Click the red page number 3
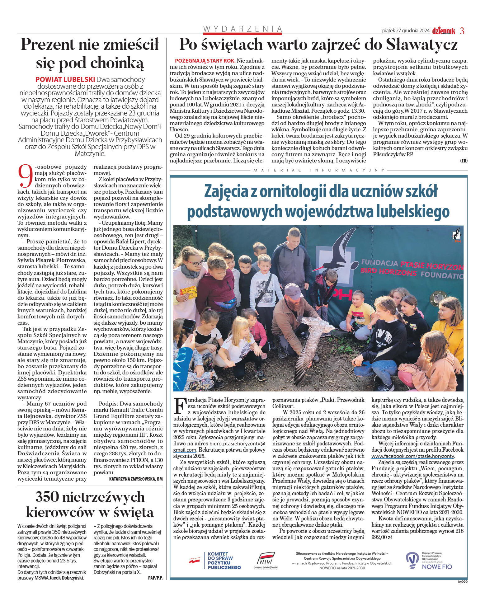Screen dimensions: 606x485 (462, 31)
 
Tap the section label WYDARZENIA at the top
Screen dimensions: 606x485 (242, 29)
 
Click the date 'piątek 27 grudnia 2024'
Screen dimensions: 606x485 (406, 31)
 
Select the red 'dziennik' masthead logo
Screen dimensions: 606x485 (443, 31)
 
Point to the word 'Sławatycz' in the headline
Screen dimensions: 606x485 (422, 45)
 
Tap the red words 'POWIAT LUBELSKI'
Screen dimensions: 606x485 (65, 79)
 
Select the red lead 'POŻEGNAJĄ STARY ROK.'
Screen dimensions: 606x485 (205, 61)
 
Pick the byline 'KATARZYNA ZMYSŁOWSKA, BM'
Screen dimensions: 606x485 (136, 479)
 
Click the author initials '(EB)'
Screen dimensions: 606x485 (464, 161)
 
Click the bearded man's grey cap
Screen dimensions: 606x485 (293, 290)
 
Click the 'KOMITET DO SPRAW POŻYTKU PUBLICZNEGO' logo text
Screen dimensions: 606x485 (224, 561)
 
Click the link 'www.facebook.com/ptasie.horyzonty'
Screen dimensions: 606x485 (413, 456)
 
